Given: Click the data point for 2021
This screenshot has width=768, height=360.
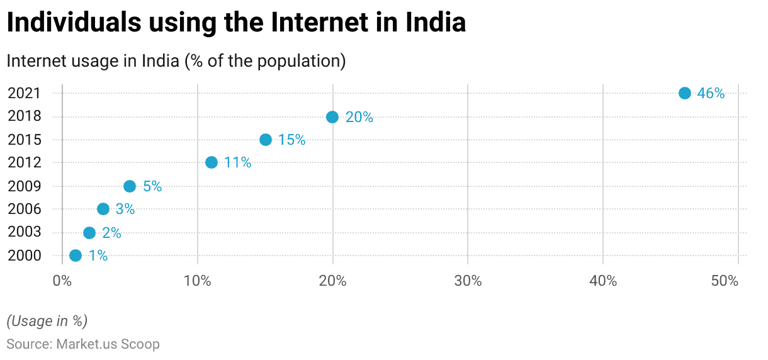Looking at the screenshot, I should pyautogui.click(x=685, y=93).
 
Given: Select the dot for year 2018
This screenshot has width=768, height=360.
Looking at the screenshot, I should pyautogui.click(x=332, y=117).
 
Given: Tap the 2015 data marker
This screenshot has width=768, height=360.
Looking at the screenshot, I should pyautogui.click(x=266, y=140).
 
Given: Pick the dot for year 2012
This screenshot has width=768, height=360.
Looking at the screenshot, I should pyautogui.click(x=212, y=162).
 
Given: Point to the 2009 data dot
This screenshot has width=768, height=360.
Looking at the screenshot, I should pyautogui.click(x=130, y=186).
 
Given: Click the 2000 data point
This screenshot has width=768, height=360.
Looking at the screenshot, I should pyautogui.click(x=76, y=256).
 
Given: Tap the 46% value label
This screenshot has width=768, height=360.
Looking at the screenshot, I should pyautogui.click(x=711, y=94).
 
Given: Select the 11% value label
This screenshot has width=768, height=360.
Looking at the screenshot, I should pyautogui.click(x=238, y=163).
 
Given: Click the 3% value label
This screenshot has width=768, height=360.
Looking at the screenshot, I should pyautogui.click(x=125, y=210).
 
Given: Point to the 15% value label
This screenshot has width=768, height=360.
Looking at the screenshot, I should pyautogui.click(x=292, y=140).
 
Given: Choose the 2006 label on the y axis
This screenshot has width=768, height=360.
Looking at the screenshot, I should pyautogui.click(x=24, y=209).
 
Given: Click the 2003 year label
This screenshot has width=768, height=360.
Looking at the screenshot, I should pyautogui.click(x=24, y=232).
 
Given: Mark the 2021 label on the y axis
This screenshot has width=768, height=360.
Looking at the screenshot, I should pyautogui.click(x=24, y=93).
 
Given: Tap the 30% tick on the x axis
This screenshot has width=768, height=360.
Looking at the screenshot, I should pyautogui.click(x=468, y=281).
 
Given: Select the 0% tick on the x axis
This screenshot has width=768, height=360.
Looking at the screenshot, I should pyautogui.click(x=62, y=281).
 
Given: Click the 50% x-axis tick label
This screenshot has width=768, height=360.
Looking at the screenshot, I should pyautogui.click(x=725, y=281).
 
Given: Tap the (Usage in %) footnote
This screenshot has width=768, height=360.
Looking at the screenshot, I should pyautogui.click(x=47, y=321).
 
